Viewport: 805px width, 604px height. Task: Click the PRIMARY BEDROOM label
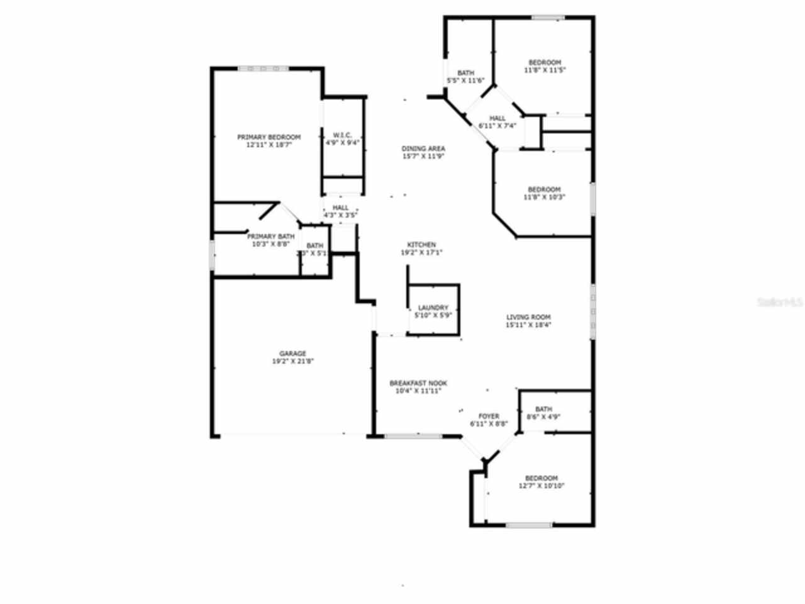[x=269, y=137]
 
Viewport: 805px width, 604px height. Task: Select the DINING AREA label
[x=423, y=149]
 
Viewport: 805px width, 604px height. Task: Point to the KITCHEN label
[x=421, y=245]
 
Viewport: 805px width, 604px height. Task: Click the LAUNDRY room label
[x=433, y=308]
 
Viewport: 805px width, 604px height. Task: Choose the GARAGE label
[x=293, y=354]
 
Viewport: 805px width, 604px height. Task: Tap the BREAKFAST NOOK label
[x=418, y=383]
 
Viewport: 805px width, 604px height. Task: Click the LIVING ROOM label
[x=528, y=318]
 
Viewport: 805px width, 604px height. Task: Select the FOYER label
[x=489, y=417]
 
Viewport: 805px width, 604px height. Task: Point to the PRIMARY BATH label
[x=270, y=237]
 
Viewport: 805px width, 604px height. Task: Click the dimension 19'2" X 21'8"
[x=293, y=361]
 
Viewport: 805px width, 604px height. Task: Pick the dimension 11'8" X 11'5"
[x=545, y=70]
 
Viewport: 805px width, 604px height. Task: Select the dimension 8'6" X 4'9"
[x=543, y=417]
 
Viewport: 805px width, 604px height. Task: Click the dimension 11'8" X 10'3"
[x=544, y=197]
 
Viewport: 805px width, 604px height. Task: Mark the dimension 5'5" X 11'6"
[x=465, y=81]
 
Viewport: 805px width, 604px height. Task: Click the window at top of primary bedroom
[x=263, y=68]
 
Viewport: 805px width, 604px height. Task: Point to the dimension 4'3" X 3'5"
[x=340, y=215]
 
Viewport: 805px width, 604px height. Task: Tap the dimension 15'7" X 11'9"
[x=423, y=157]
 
